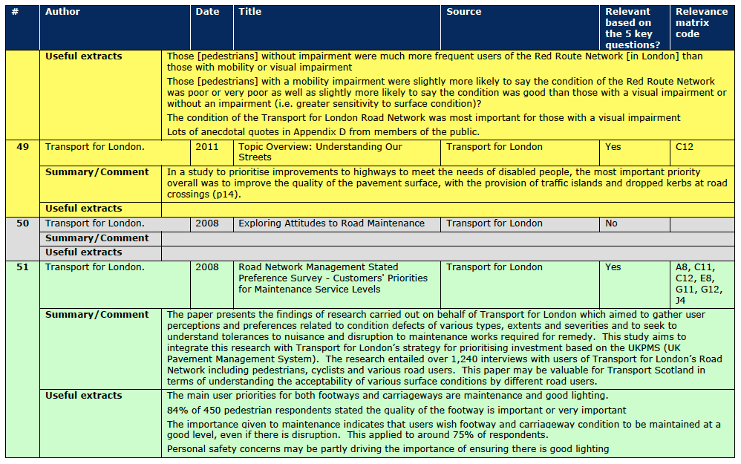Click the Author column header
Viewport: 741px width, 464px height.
coord(63,12)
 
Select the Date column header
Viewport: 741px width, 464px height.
coord(207,12)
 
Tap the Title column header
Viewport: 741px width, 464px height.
coord(250,12)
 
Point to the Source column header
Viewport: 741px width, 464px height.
coord(464,12)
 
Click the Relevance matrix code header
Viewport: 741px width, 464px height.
coord(702,22)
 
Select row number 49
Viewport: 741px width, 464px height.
coord(22,147)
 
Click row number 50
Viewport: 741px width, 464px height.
coord(22,223)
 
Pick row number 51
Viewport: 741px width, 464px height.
coord(22,267)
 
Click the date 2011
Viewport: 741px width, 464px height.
coord(207,147)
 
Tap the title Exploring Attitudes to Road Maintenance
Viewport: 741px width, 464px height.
coord(331,223)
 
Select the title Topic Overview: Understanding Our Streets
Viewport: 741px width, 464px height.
coord(320,152)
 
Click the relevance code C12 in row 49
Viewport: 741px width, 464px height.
coord(684,147)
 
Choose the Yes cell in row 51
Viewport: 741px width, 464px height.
coord(613,267)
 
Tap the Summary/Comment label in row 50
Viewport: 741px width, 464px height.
coord(97,238)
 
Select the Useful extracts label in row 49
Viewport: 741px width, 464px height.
coord(84,209)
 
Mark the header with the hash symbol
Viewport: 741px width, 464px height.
coord(15,12)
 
